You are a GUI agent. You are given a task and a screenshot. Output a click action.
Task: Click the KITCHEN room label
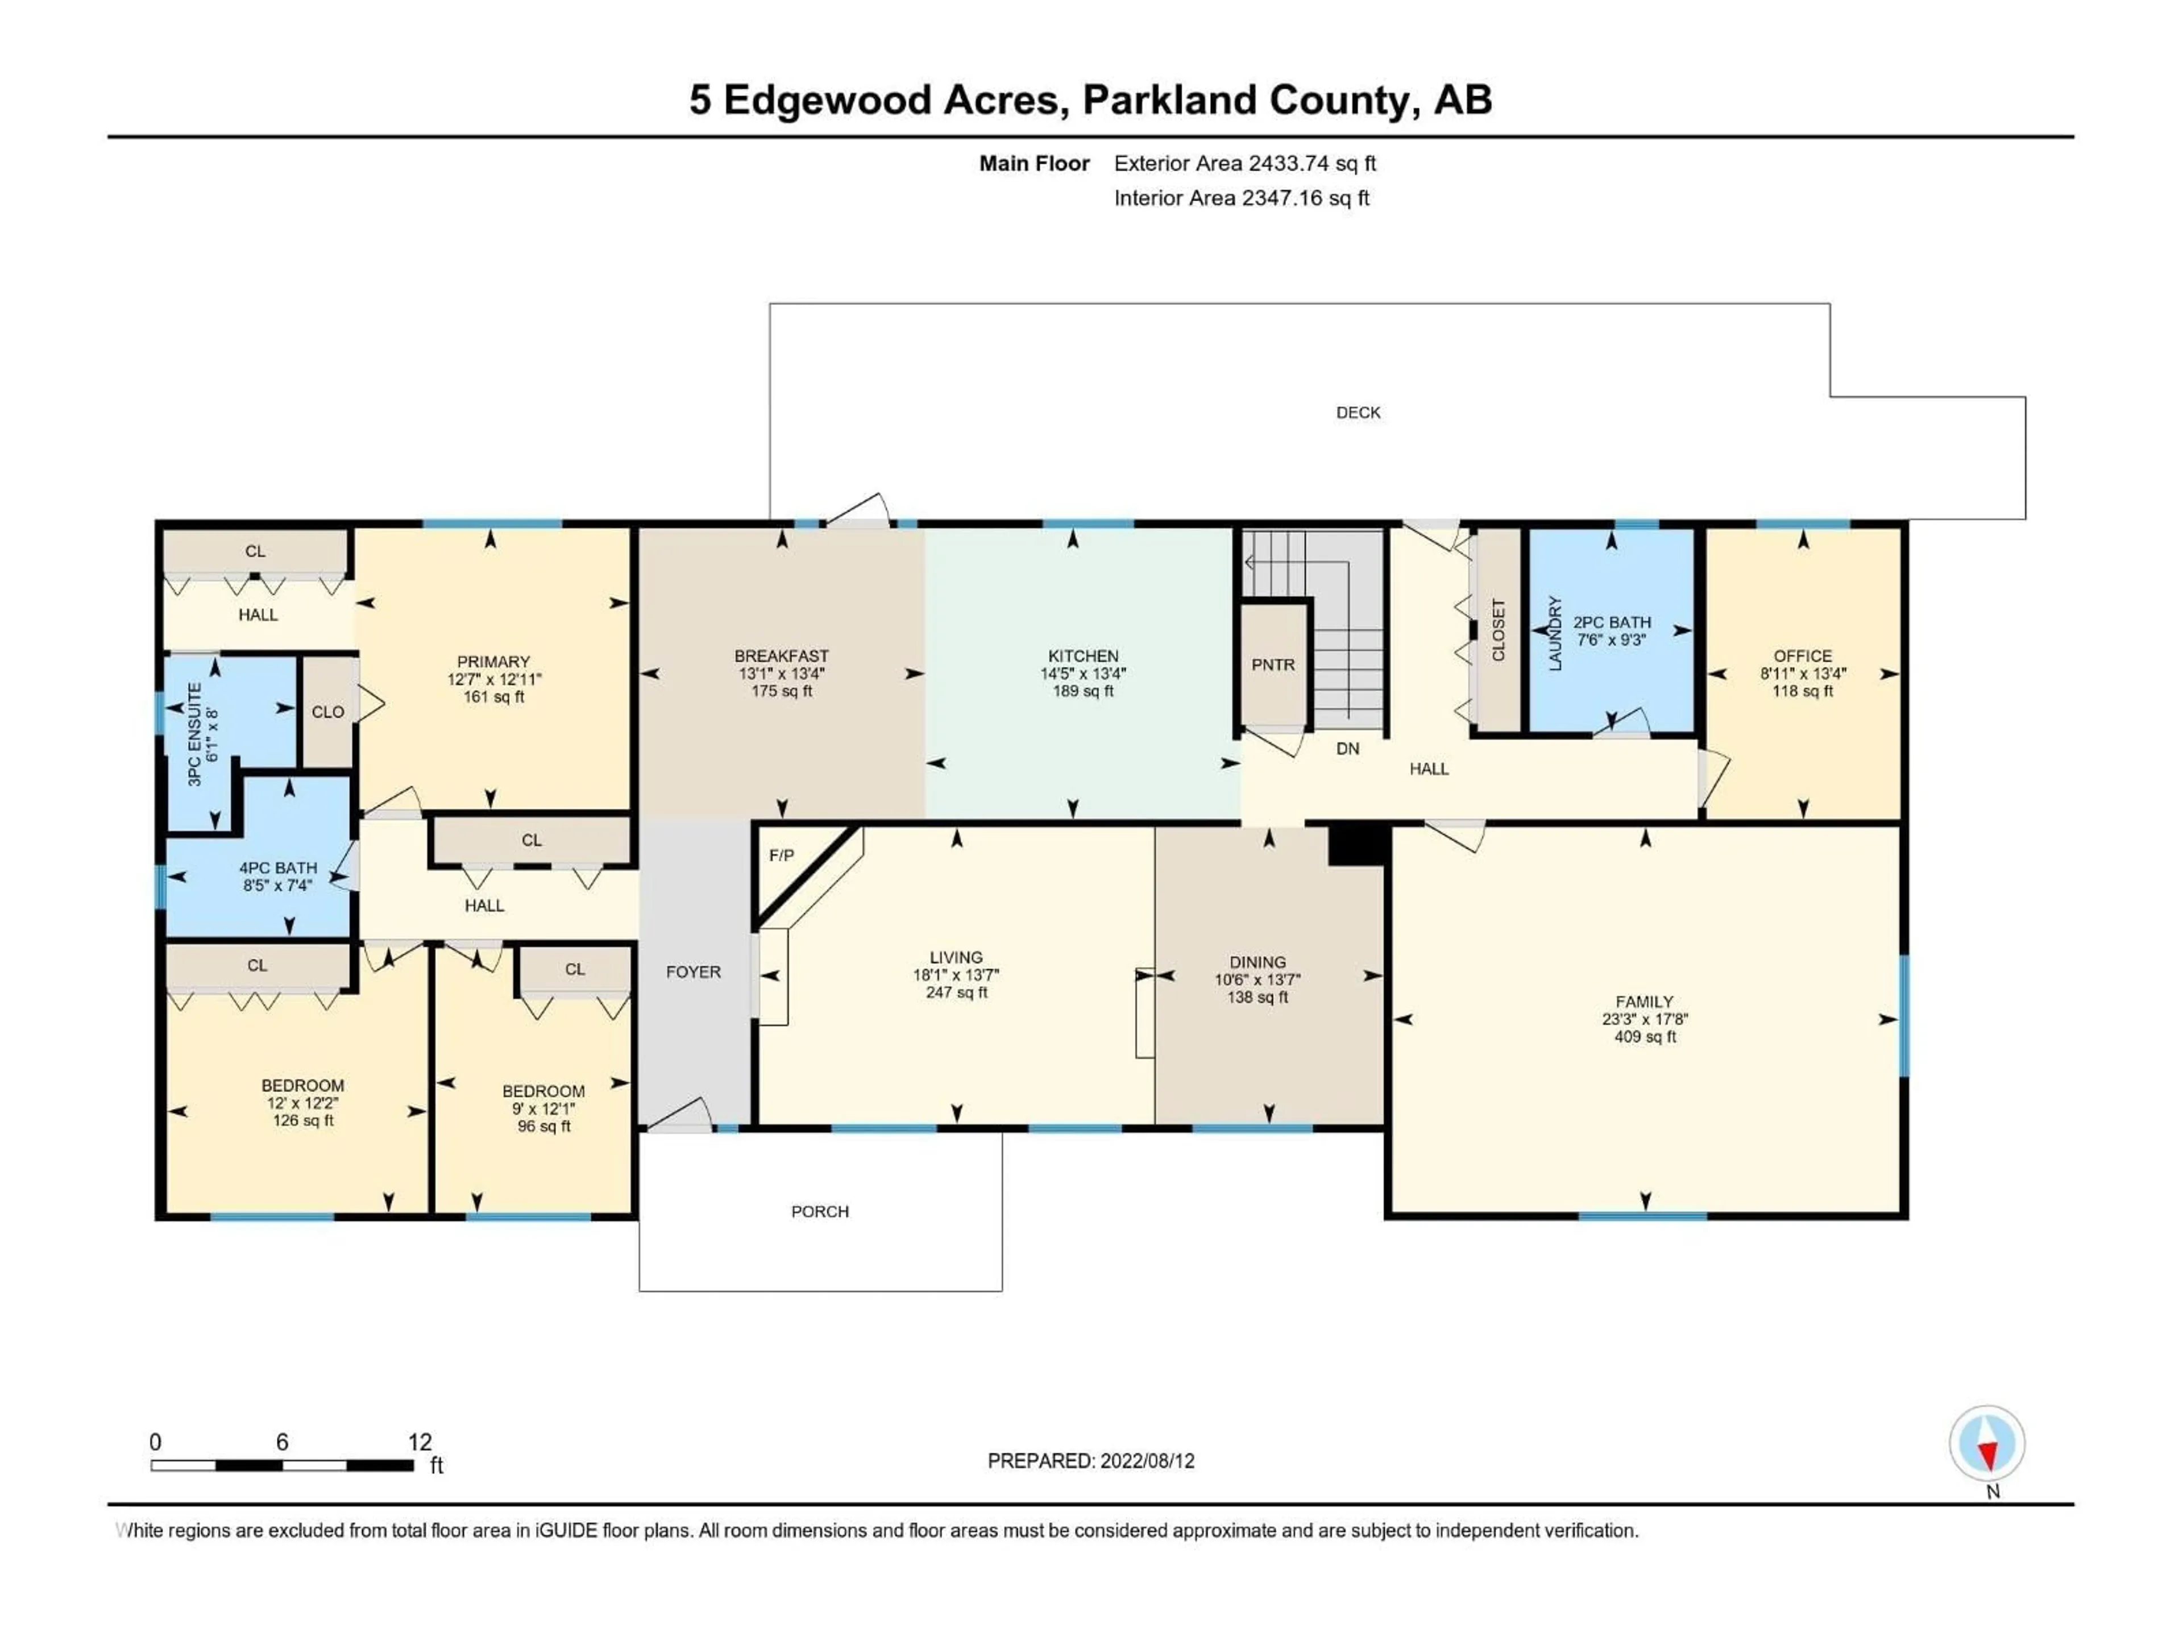coord(1082,656)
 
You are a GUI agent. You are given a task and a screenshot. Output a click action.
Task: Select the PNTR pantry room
coord(1272,665)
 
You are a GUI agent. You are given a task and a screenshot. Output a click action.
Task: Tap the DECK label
coord(1358,413)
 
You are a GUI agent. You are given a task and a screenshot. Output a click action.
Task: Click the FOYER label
coord(693,972)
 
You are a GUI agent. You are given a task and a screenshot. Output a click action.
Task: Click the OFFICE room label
coord(1802,656)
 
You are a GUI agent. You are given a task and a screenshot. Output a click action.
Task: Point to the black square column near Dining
coord(1358,846)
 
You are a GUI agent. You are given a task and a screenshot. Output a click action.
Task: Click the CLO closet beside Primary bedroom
coord(327,712)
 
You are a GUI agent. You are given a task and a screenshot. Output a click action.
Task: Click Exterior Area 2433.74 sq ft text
coord(1244,164)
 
